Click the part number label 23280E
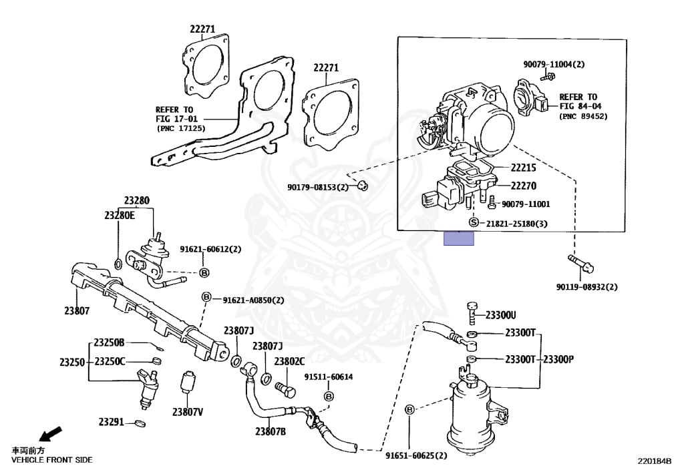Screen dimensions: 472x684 [x=119, y=215]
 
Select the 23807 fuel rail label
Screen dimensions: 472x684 [x=77, y=310]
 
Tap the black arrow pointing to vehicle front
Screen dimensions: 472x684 [x=49, y=434]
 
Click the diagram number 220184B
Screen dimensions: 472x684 [x=654, y=461]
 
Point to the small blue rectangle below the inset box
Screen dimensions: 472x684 [x=459, y=238]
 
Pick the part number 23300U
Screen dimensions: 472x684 [x=500, y=315]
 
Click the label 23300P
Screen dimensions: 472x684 [x=558, y=359]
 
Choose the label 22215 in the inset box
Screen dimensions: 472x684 [x=524, y=169]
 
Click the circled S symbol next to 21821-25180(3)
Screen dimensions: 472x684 [x=474, y=222]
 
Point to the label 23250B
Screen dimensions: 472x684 [x=109, y=342]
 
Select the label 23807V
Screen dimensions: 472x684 [x=187, y=412]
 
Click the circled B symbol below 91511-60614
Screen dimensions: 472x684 [x=329, y=397]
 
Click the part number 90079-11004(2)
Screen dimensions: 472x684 [x=554, y=64]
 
